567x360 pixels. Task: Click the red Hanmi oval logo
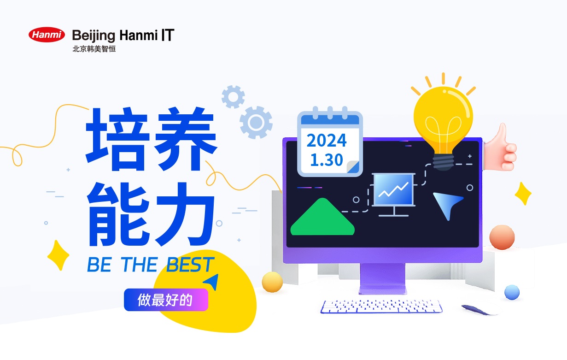click(47, 35)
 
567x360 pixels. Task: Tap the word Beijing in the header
click(94, 35)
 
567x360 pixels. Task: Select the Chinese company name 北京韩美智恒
click(94, 49)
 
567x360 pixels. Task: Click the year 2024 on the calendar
click(326, 140)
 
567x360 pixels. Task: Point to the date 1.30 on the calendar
click(326, 160)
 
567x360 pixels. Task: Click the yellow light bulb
click(443, 122)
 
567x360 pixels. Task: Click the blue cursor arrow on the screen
click(446, 204)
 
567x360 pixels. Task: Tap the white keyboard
click(381, 307)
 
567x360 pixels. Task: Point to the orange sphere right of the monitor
click(502, 237)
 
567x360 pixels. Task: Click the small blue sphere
click(512, 292)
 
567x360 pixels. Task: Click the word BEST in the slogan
click(190, 265)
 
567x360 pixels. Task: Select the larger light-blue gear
click(256, 122)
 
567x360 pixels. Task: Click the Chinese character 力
click(185, 214)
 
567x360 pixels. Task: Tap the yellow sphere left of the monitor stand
click(272, 282)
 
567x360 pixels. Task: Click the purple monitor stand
click(382, 279)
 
